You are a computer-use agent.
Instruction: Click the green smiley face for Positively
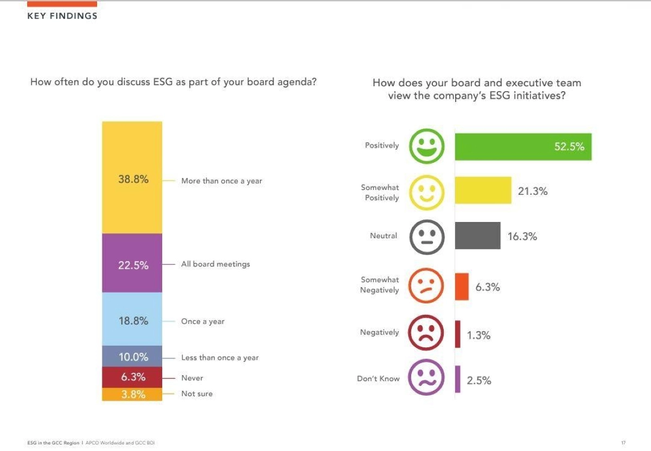(x=427, y=146)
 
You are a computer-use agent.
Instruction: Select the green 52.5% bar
(x=523, y=147)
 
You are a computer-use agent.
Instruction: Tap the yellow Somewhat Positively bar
(x=483, y=190)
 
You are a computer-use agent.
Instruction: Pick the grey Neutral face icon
(x=427, y=236)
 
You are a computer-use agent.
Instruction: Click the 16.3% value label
(x=522, y=236)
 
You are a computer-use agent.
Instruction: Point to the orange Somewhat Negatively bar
(x=462, y=287)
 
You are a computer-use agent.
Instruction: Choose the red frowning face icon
(x=427, y=333)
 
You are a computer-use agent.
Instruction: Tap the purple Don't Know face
(x=427, y=378)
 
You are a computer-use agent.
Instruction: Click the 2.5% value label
(x=479, y=380)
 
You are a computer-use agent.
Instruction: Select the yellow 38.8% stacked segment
(x=132, y=177)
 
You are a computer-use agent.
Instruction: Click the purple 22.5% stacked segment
(x=132, y=263)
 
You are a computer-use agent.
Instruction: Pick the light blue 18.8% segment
(x=132, y=319)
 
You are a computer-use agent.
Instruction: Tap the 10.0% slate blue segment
(x=132, y=356)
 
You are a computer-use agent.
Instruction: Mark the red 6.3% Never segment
(x=132, y=377)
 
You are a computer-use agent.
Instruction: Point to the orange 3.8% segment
(x=132, y=394)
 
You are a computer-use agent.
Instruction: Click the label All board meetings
(x=215, y=264)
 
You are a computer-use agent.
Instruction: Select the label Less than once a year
(x=220, y=358)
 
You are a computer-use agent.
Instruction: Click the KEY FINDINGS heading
(x=62, y=16)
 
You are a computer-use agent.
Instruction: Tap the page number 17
(x=623, y=443)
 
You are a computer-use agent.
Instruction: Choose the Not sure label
(x=197, y=393)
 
